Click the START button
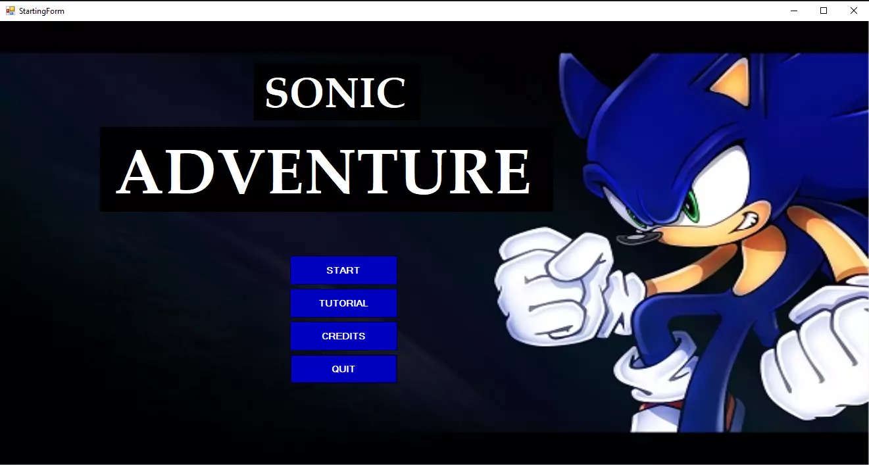(343, 270)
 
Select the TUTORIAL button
(343, 303)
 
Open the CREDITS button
(343, 336)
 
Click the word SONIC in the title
(335, 93)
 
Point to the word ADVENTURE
(324, 171)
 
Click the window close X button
(854, 11)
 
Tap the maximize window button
(824, 11)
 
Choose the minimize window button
(794, 11)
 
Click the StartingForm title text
(41, 11)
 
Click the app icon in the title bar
(11, 11)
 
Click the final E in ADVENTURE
(511, 172)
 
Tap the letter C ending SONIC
(392, 93)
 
